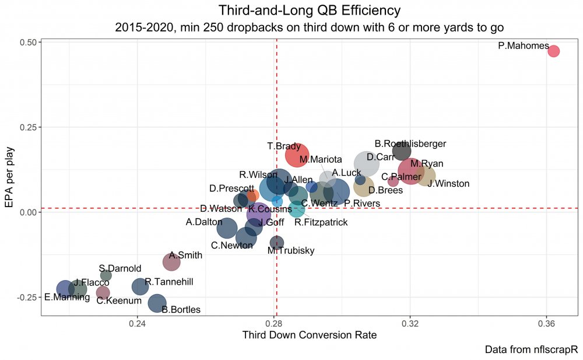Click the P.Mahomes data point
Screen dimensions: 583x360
click(x=554, y=51)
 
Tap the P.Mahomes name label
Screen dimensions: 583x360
click(x=524, y=46)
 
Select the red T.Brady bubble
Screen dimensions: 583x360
click(x=297, y=155)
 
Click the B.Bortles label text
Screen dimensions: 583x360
click(x=181, y=309)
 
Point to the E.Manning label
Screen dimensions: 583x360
click(x=67, y=297)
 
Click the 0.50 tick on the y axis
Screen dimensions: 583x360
click(x=28, y=42)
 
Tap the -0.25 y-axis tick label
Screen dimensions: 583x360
click(x=27, y=297)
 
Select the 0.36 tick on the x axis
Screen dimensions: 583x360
click(x=547, y=323)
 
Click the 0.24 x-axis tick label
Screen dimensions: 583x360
click(x=138, y=323)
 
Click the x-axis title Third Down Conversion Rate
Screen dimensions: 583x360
click(x=310, y=335)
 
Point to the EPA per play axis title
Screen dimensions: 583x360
click(x=9, y=177)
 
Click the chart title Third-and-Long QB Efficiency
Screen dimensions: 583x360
click(x=310, y=11)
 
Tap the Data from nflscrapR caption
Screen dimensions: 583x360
click(x=531, y=349)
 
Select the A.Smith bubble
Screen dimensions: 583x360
click(x=171, y=262)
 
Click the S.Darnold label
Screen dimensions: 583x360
click(x=120, y=268)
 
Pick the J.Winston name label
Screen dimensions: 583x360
click(x=448, y=184)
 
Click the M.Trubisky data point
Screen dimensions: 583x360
click(x=276, y=243)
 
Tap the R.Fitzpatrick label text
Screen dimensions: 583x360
click(x=321, y=222)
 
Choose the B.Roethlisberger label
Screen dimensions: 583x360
click(x=410, y=144)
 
